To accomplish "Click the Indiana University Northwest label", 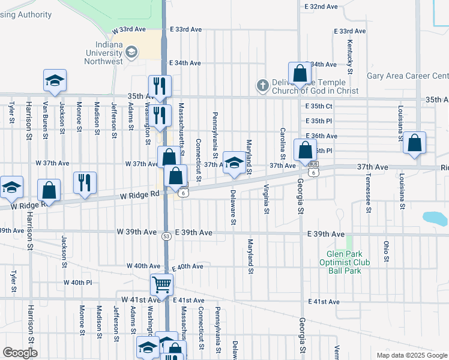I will click(x=104, y=53).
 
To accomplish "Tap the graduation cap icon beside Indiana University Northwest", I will click(x=131, y=53).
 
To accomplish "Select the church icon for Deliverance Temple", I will click(x=262, y=86).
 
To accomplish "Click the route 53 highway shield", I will click(x=166, y=236).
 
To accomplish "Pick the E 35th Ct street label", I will click(x=318, y=106).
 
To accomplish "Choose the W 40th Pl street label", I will click(x=82, y=282).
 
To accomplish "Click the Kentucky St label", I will click(x=349, y=54).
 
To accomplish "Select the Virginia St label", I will click(x=265, y=199).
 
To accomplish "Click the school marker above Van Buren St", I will click(x=55, y=81).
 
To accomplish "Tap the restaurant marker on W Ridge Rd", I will click(x=85, y=182).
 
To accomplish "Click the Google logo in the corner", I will click(x=20, y=353).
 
